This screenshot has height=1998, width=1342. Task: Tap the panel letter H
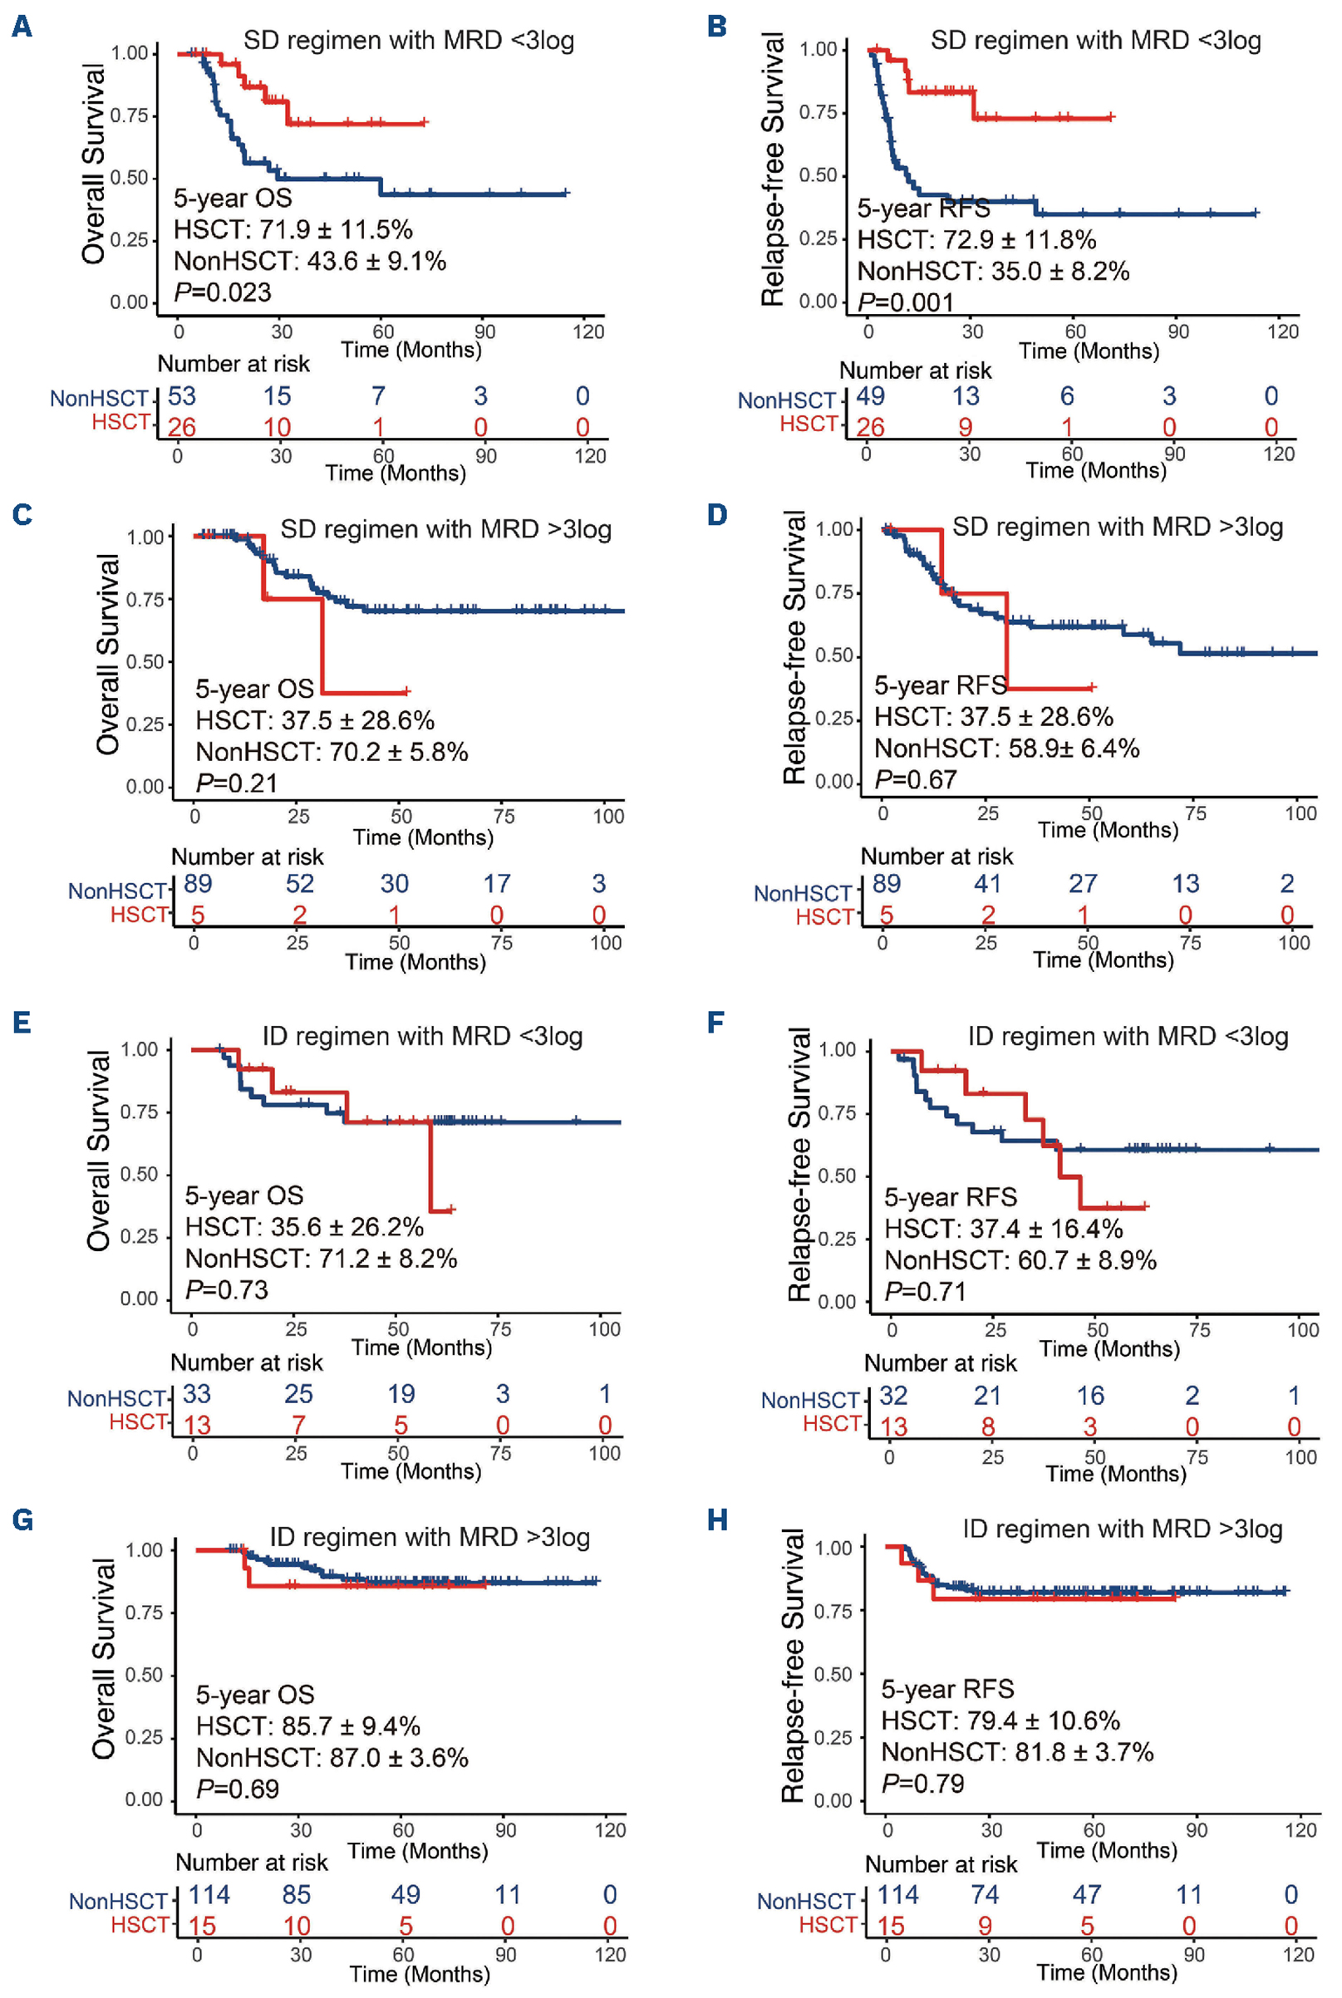click(717, 1520)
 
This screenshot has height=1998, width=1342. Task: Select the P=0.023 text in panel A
click(223, 292)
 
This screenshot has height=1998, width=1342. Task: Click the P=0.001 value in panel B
click(906, 302)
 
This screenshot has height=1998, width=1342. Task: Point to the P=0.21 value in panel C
click(237, 783)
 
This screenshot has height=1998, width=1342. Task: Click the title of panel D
click(1117, 527)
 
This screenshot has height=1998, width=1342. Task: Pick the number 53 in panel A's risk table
click(181, 396)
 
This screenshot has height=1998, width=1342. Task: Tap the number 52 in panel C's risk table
click(299, 883)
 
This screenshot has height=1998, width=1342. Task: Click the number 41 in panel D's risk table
click(988, 883)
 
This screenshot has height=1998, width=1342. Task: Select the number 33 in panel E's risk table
click(197, 1394)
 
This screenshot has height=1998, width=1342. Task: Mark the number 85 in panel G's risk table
click(296, 1894)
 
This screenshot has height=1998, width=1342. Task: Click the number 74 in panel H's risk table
click(986, 1894)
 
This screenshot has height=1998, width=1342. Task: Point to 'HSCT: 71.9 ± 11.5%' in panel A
click(292, 229)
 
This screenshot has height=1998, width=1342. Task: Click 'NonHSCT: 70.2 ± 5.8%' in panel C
click(332, 752)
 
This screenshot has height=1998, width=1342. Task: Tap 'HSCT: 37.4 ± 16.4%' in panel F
click(1003, 1230)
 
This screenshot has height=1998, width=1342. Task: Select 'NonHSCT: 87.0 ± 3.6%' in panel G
click(332, 1758)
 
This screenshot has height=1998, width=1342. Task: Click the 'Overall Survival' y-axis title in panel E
click(98, 1151)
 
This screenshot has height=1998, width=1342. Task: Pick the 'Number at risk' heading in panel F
click(940, 1363)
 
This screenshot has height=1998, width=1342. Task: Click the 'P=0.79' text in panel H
click(922, 1784)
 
